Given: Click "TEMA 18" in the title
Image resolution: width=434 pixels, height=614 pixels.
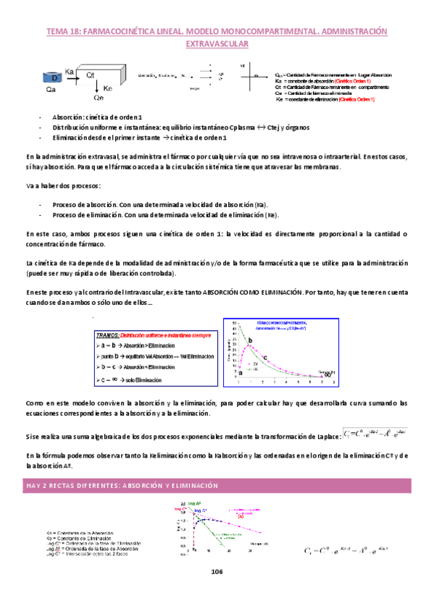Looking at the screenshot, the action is (x=63, y=32).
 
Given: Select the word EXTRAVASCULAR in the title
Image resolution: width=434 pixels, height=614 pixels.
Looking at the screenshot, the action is (x=217, y=45).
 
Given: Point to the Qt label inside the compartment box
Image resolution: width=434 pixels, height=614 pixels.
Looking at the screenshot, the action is (x=91, y=75).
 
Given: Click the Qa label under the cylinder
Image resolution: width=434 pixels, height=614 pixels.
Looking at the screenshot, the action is (x=51, y=91).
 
